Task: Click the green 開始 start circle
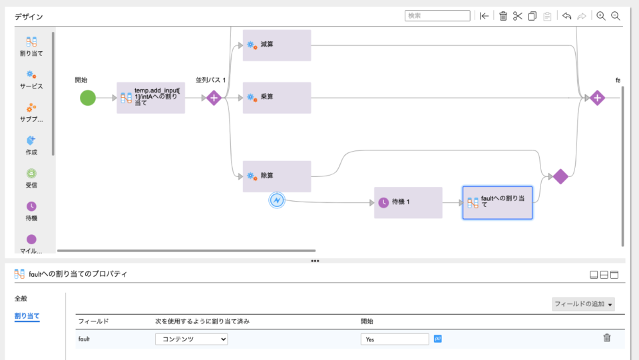(88, 98)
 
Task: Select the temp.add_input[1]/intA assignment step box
(150, 98)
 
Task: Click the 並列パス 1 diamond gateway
(214, 98)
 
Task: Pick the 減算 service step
(276, 45)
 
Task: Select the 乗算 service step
(276, 98)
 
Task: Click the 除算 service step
(276, 176)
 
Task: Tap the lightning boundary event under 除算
(278, 200)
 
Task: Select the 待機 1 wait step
(407, 202)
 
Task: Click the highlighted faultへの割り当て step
(497, 202)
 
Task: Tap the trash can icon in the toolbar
(503, 16)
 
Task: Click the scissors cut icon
(518, 16)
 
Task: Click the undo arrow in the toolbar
(566, 16)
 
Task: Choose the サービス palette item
(31, 79)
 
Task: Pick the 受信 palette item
(31, 178)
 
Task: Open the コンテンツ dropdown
(192, 339)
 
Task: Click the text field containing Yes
(395, 339)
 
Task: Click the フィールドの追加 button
(583, 304)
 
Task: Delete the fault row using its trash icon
(606, 338)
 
